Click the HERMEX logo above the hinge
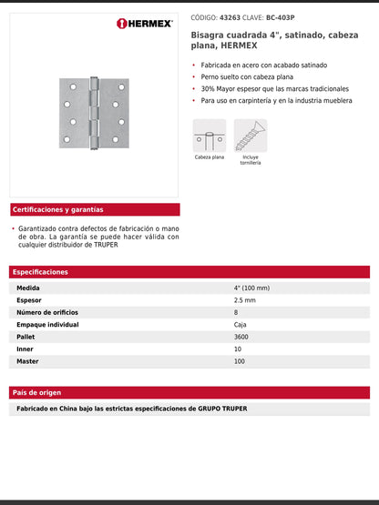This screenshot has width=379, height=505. point(145,24)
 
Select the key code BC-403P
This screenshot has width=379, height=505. point(281,17)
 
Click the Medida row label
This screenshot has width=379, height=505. point(28,288)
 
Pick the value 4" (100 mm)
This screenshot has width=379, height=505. point(251,288)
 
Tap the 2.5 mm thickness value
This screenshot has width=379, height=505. point(244,300)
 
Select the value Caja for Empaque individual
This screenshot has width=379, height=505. point(241,325)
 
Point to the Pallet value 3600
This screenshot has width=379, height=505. point(242,337)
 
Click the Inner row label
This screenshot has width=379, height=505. point(26,349)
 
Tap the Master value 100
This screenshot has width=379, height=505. point(240,361)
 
